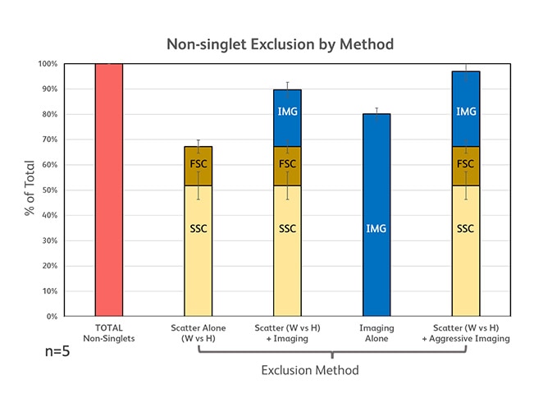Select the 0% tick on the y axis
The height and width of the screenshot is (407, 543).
click(51, 317)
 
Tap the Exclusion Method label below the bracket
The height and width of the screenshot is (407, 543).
click(310, 370)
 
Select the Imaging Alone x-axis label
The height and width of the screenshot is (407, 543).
click(376, 332)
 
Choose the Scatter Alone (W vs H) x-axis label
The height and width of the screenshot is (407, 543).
click(198, 332)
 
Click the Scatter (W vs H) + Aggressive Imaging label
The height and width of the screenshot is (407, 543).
click(466, 332)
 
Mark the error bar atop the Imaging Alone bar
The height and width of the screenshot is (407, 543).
click(376, 111)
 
